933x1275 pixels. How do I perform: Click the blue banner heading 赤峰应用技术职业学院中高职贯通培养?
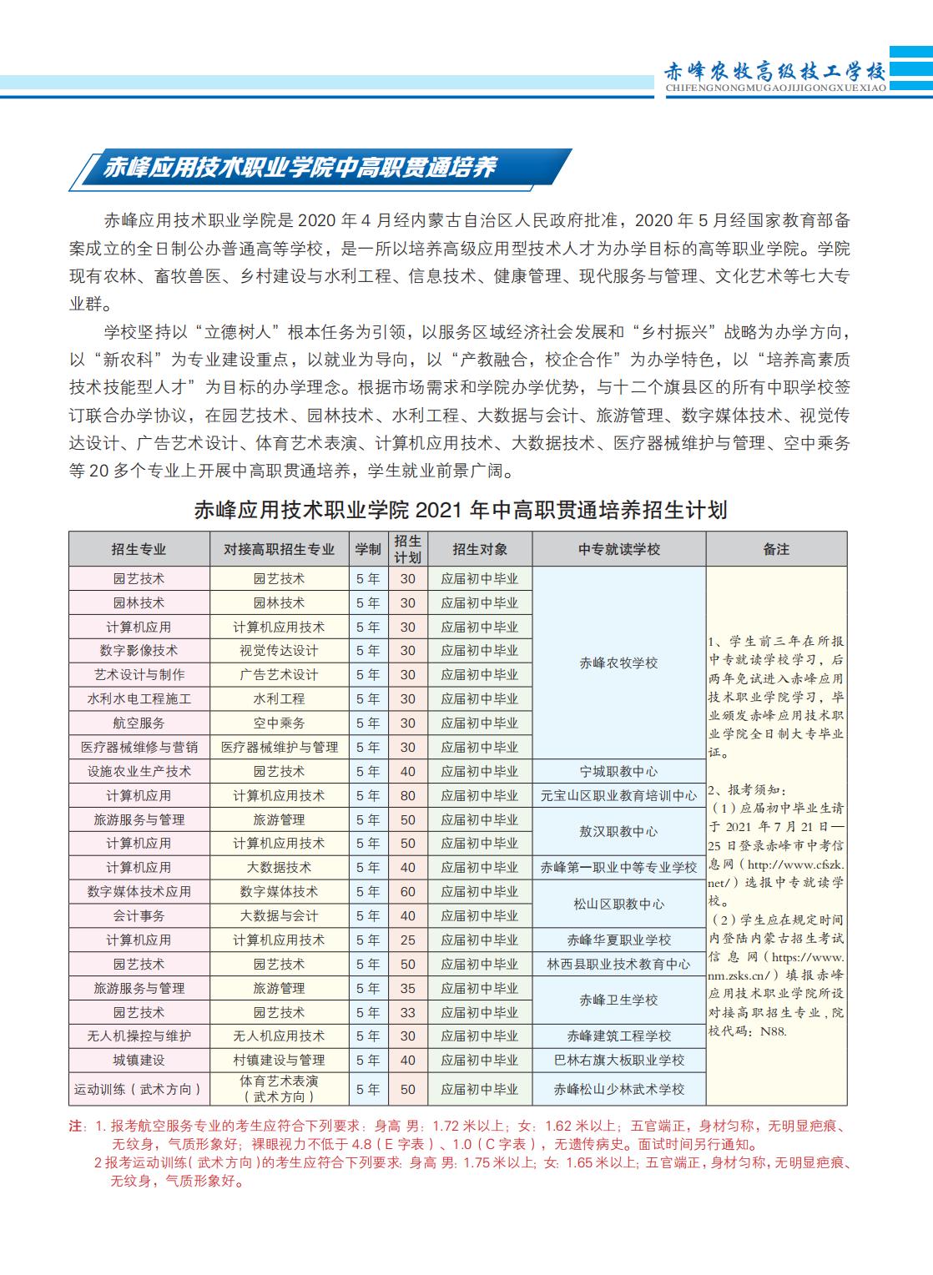[300, 168]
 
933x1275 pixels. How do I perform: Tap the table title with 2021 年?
[461, 510]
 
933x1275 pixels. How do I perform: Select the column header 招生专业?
[139, 549]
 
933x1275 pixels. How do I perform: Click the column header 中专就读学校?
[618, 549]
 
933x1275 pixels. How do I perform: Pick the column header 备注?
[776, 549]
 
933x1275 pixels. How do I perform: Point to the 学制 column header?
[368, 549]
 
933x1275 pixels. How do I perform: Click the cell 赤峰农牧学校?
[618, 663]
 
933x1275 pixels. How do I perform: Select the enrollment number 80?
[407, 795]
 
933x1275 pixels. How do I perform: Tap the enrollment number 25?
[407, 940]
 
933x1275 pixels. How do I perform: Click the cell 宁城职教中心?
[618, 771]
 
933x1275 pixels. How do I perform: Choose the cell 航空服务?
[139, 723]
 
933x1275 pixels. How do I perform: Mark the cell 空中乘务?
[279, 723]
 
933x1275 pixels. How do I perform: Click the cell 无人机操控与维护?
[139, 1036]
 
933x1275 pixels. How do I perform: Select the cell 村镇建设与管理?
[279, 1060]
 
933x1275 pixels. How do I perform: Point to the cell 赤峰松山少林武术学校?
[618, 1089]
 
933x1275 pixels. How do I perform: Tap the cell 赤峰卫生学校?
[618, 1000]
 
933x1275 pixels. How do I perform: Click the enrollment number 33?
[407, 1012]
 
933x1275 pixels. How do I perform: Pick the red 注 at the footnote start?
[76, 1126]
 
